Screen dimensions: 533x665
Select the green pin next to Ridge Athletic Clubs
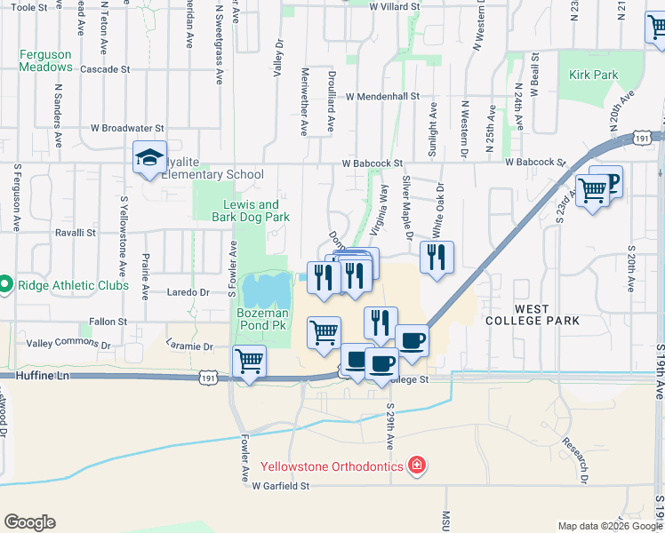pos(5,285)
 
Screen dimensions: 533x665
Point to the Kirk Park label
pos(594,76)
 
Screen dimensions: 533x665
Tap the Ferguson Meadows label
pos(46,60)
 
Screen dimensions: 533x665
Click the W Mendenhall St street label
pos(382,96)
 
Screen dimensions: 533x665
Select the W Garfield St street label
pos(279,486)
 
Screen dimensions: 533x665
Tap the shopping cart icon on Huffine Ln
pos(249,362)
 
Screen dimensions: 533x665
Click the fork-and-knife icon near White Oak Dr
pos(436,258)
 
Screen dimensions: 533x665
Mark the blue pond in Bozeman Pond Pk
pos(268,289)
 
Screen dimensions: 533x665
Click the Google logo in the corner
pos(29,522)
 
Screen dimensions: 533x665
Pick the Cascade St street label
pos(105,68)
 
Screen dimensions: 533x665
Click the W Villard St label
pos(394,6)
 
